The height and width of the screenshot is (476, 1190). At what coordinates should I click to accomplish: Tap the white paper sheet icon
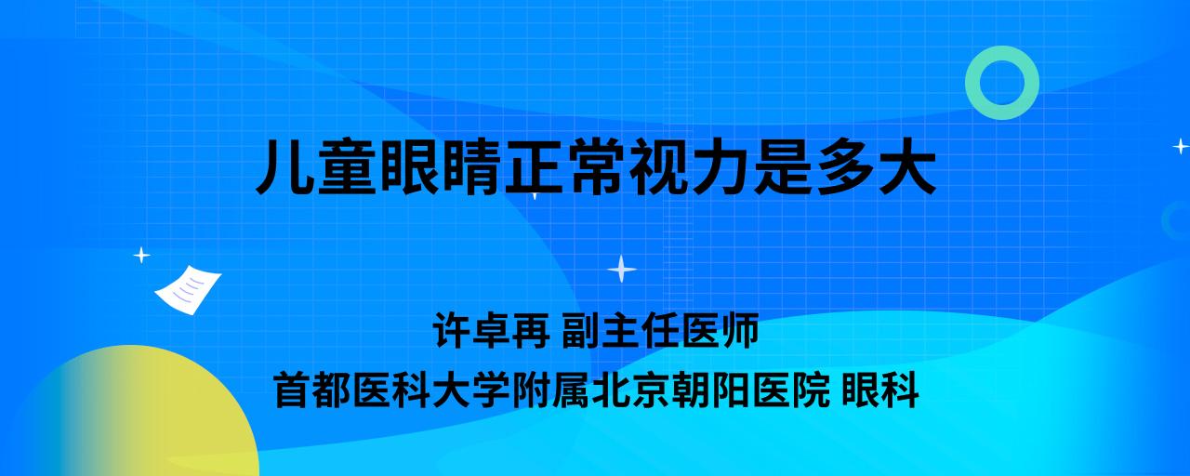click(188, 290)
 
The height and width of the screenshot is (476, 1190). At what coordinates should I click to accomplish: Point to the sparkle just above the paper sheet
click(141, 256)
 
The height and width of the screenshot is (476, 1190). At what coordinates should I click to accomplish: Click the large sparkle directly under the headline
click(622, 270)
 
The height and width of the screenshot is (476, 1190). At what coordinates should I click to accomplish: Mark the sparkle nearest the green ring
click(1181, 146)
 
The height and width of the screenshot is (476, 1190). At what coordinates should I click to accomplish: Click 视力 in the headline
click(691, 166)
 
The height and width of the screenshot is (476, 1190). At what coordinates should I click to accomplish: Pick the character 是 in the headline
click(784, 166)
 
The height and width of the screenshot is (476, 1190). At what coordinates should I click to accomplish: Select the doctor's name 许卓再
click(492, 330)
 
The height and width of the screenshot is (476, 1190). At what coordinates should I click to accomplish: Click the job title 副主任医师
click(660, 330)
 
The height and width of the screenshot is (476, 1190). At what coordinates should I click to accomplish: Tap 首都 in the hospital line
click(313, 390)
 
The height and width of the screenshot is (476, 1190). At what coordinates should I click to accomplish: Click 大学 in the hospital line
click(471, 390)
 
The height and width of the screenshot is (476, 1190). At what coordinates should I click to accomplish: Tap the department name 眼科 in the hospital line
click(880, 390)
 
